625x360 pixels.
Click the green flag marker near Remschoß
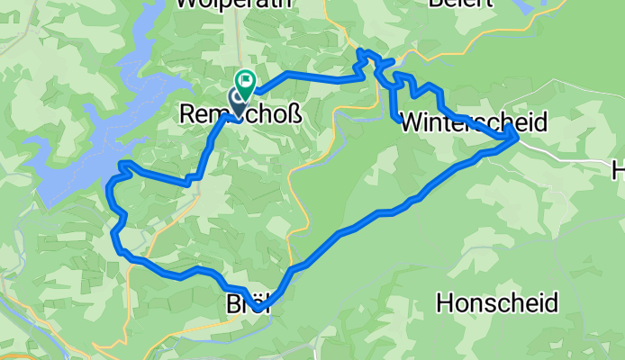(x=245, y=83)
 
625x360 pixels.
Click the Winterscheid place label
(x=473, y=121)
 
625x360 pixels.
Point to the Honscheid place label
(x=496, y=302)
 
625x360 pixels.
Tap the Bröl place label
(x=244, y=305)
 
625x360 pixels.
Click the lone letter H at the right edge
(x=618, y=168)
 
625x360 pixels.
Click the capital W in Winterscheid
(x=409, y=121)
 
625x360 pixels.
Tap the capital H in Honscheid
(x=445, y=302)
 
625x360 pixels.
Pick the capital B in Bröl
(x=231, y=305)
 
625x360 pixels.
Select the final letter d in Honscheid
(x=549, y=302)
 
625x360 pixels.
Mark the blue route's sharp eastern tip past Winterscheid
(x=516, y=135)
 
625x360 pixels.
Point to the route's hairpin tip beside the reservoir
(x=122, y=164)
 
